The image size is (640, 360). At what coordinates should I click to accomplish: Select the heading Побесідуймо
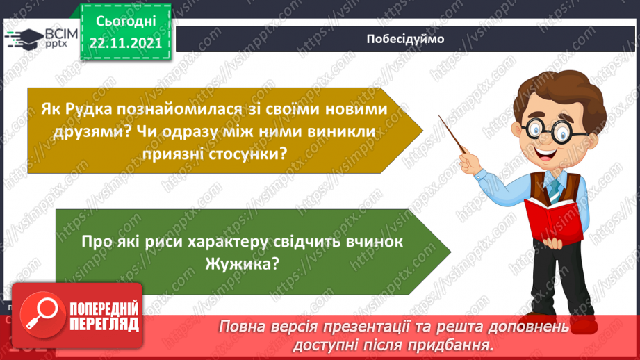(x=406, y=39)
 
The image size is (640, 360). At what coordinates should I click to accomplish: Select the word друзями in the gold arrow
(x=101, y=131)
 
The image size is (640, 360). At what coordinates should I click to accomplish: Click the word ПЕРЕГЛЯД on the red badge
(x=104, y=324)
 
